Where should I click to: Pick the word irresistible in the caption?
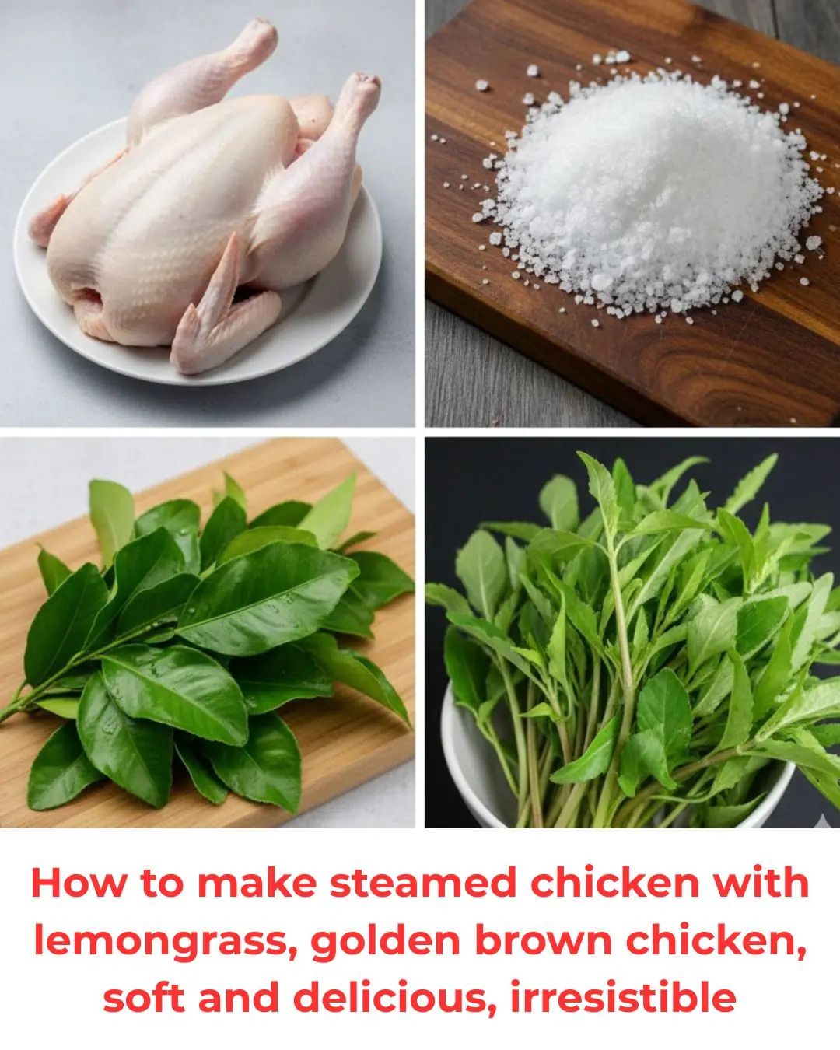[623, 997]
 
